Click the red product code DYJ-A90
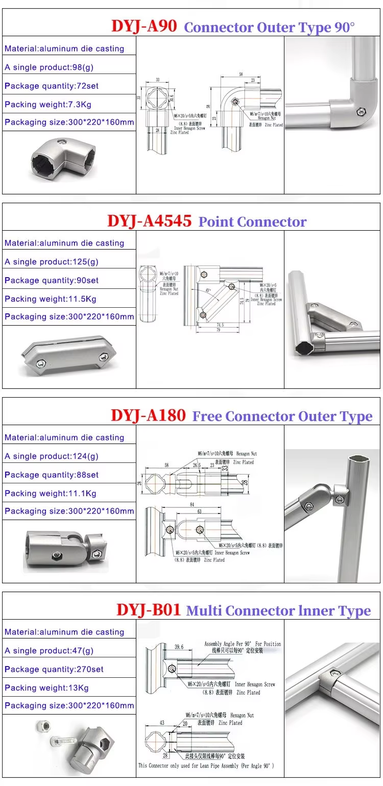click(144, 26)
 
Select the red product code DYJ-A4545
click(149, 221)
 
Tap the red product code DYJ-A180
click(148, 415)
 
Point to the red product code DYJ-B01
click(148, 610)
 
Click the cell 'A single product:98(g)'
click(49, 67)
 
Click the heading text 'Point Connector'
click(252, 222)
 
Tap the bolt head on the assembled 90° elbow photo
click(362, 110)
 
